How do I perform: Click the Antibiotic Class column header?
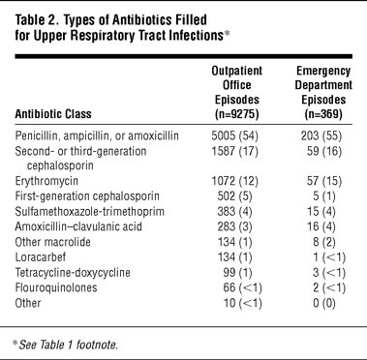point(53,114)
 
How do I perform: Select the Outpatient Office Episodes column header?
point(237,92)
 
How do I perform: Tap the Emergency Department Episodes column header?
point(323,92)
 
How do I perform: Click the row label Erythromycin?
point(46,181)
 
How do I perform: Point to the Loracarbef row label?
point(41,257)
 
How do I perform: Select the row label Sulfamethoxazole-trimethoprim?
point(89,211)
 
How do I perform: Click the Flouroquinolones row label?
point(56,287)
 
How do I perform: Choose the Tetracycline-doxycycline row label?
point(73,273)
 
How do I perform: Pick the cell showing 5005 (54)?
point(235,135)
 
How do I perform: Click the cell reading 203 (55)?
point(321,135)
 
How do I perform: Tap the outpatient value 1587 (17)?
point(235,151)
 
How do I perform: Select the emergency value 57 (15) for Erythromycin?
point(324,181)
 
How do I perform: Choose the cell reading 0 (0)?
point(324,303)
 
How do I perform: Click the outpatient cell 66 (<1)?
point(242,287)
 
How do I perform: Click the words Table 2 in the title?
point(36,20)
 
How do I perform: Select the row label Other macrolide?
point(52,242)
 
